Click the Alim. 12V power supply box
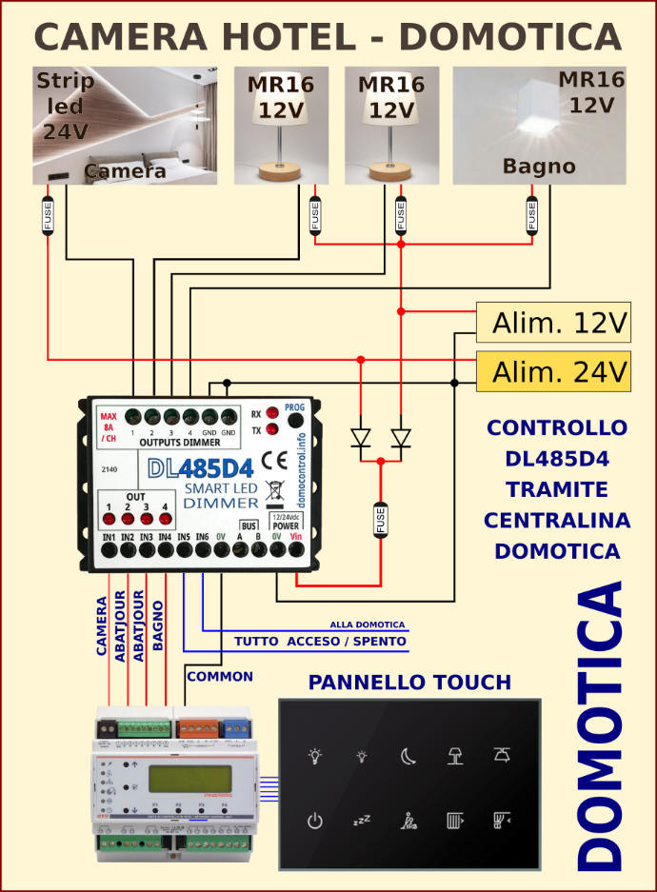[x=553, y=323]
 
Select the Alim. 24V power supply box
[x=553, y=370]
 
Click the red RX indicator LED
[x=272, y=413]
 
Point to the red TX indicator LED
[x=272, y=430]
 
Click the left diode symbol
[x=361, y=438]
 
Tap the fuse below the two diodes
[x=381, y=520]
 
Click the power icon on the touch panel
[x=315, y=819]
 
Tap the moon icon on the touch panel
[x=408, y=757]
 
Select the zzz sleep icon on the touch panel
[x=361, y=819]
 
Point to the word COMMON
[x=220, y=677]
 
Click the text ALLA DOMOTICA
[x=368, y=624]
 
